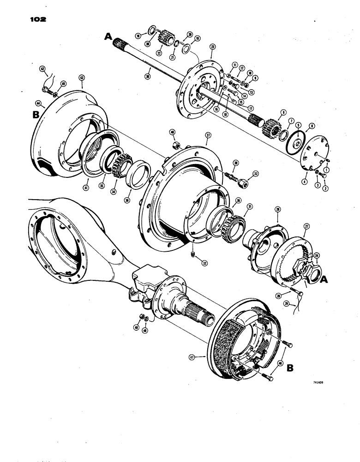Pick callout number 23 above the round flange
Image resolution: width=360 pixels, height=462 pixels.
click(213, 47)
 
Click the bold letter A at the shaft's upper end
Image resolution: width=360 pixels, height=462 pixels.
click(108, 36)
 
